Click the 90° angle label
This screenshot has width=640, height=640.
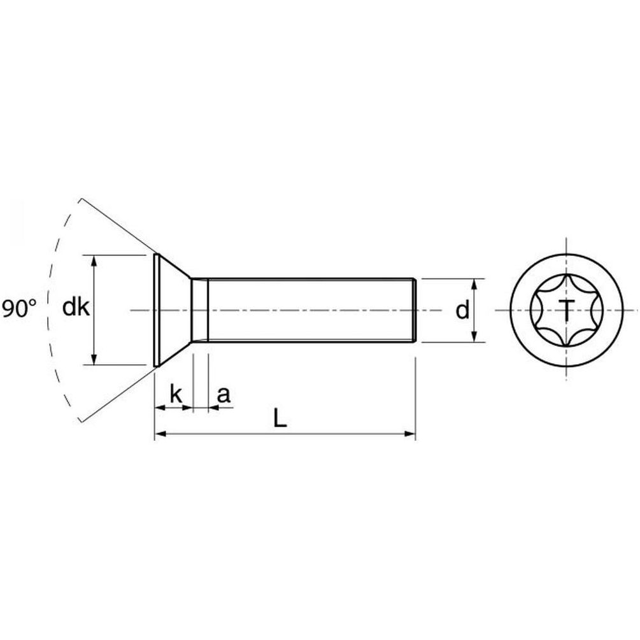[19, 308]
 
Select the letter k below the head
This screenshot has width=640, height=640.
[176, 394]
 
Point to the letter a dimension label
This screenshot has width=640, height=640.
[224, 395]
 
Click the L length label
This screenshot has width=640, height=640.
[280, 418]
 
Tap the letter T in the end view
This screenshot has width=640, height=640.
[566, 309]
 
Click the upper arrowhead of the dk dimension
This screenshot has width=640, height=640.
[94, 261]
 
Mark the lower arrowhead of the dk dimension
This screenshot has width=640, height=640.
[94, 359]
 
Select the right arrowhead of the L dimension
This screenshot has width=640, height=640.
[409, 434]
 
